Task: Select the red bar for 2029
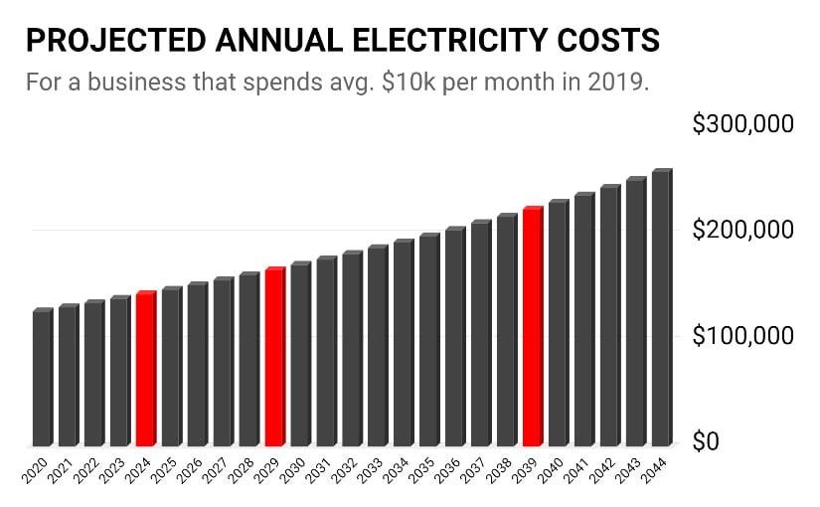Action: (x=274, y=358)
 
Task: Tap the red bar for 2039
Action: (x=532, y=328)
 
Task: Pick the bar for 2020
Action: (x=42, y=379)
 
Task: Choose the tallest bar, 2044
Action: (x=661, y=309)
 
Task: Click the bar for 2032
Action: (x=352, y=349)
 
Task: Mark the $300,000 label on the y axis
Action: (x=743, y=125)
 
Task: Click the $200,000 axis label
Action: (x=743, y=231)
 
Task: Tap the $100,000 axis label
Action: (x=743, y=336)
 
